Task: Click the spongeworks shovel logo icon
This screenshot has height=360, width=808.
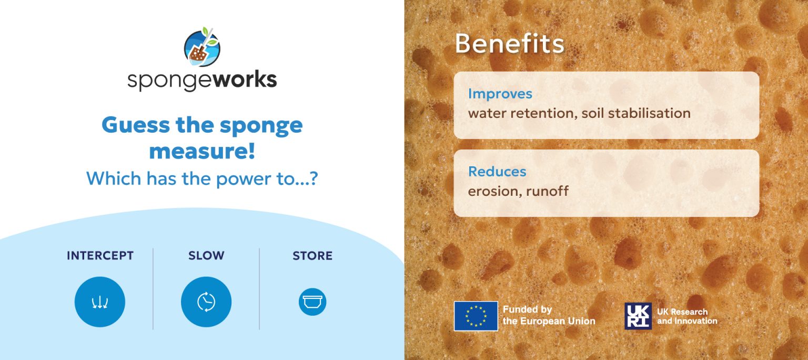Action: (202, 47)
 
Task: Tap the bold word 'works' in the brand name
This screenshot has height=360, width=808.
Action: (245, 79)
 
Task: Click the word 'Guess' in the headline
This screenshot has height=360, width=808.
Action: (136, 126)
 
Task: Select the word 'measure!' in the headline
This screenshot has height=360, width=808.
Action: (202, 151)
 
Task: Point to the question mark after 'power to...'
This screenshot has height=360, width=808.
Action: (314, 178)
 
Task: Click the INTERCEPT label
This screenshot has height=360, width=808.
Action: (100, 255)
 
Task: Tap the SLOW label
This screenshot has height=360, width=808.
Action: (206, 255)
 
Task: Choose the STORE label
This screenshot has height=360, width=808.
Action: (312, 255)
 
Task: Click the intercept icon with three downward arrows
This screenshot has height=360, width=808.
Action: (100, 302)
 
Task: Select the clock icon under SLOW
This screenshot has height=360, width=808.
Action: (206, 302)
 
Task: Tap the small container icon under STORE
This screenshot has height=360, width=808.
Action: (312, 302)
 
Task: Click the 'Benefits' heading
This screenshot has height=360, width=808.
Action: (509, 44)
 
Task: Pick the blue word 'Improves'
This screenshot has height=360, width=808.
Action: (500, 94)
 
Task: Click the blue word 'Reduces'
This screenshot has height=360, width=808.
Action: (497, 172)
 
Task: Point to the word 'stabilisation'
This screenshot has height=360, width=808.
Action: (649, 113)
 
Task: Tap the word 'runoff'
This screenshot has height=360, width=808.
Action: (547, 191)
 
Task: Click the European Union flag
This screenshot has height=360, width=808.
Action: (476, 316)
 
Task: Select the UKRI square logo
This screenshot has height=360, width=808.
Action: (638, 316)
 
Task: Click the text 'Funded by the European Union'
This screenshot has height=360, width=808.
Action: (549, 315)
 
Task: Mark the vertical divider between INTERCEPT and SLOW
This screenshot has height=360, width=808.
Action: (153, 288)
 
